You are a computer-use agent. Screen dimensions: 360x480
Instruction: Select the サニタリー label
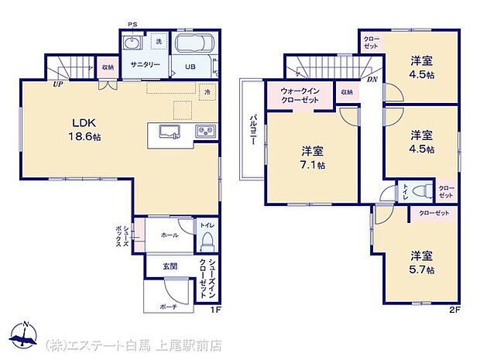(145, 64)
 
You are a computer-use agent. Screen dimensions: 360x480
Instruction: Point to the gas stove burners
(206, 131)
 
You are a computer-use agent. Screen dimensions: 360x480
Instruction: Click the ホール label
(170, 235)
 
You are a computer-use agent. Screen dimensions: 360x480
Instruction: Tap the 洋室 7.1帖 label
(313, 157)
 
